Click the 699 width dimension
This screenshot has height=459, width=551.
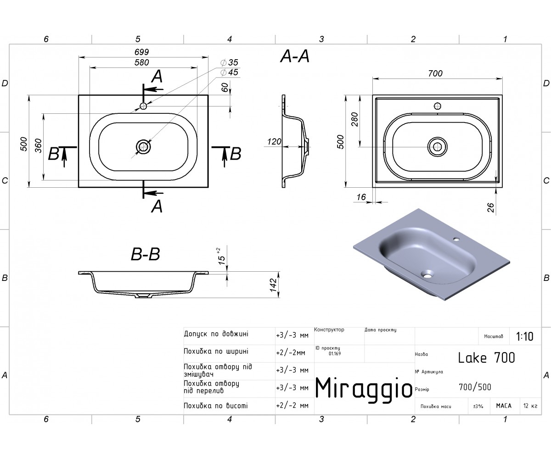click(142, 52)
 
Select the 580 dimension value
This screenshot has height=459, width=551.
click(142, 62)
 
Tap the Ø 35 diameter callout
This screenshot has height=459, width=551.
click(229, 62)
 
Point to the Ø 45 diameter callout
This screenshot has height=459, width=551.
click(229, 72)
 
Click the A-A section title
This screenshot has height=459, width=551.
click(295, 56)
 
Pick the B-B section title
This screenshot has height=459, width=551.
click(146, 254)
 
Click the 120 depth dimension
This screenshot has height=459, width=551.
click(274, 142)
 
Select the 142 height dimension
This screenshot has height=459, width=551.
click(273, 285)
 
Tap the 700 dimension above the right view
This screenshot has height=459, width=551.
click(435, 73)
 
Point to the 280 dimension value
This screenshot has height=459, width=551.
click(354, 119)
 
